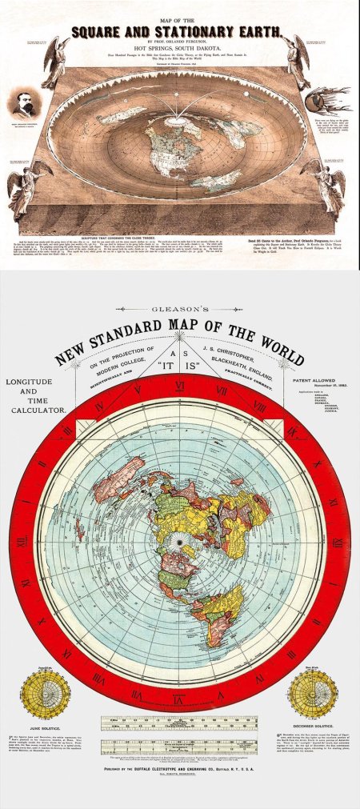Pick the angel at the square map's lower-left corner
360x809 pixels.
coord(29,185)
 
